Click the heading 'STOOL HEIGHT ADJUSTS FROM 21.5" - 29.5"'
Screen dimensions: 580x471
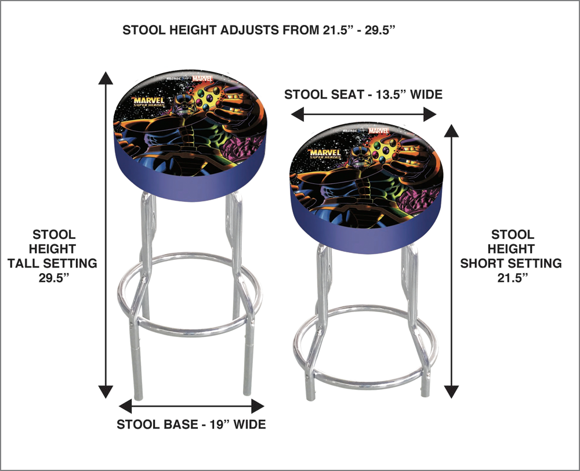point(259,30)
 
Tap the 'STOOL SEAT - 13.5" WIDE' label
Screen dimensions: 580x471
point(363,95)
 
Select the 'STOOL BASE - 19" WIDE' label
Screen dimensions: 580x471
point(191,424)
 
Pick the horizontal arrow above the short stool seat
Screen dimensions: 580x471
point(364,114)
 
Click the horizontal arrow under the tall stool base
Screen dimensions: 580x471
point(191,406)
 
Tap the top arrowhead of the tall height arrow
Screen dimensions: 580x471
point(106,78)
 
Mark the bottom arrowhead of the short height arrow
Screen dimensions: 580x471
point(451,392)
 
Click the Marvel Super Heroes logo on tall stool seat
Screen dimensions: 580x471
point(148,102)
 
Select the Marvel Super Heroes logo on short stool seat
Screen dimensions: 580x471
point(325,154)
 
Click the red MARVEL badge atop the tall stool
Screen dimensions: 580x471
point(202,78)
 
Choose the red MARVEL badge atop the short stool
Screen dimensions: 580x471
point(378,131)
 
